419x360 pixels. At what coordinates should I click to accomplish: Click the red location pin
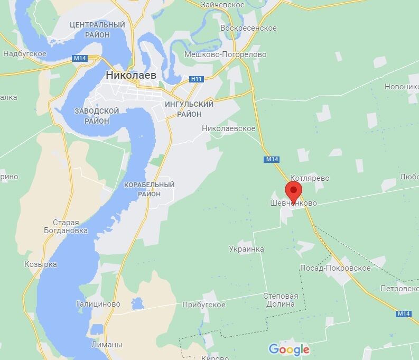point(294,190)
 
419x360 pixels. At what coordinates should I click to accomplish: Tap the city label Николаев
point(131,75)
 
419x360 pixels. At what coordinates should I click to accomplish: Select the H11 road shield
point(197,79)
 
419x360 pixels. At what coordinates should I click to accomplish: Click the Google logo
point(288,349)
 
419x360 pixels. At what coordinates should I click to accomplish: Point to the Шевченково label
point(290,203)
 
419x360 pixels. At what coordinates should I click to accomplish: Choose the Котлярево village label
point(309,178)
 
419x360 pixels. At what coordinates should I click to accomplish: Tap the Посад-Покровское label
point(335,268)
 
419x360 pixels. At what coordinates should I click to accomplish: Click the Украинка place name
point(246,248)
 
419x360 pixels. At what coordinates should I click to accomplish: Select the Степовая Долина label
point(281,300)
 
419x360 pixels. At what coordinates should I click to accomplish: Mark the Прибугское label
point(203,304)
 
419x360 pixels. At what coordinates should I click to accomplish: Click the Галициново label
point(98,304)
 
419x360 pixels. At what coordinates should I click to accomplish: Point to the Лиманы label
point(106,344)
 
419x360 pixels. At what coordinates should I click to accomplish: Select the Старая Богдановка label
point(66,226)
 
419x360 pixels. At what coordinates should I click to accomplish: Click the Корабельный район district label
point(149,189)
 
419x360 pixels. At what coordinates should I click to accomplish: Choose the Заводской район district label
point(97,116)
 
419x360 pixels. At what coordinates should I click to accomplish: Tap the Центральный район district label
point(97,30)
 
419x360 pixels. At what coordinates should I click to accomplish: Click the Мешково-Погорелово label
point(225,54)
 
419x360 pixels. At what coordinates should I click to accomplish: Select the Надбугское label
point(25,53)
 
